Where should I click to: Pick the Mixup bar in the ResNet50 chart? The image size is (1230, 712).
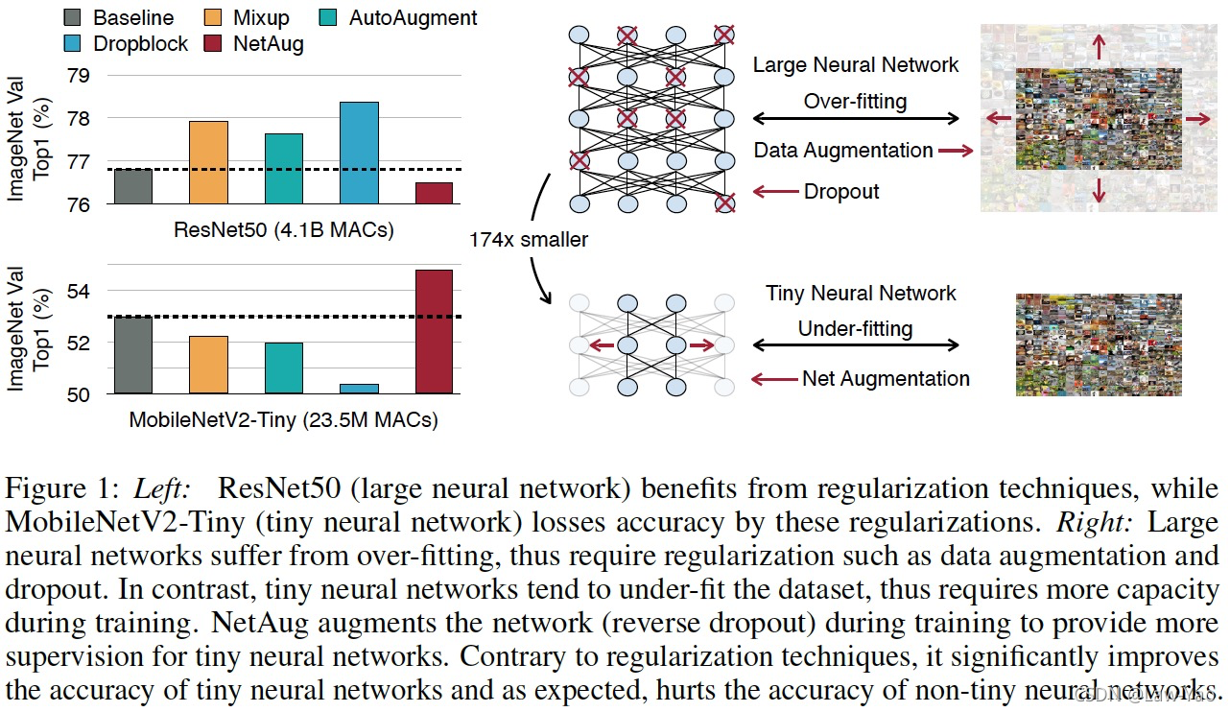(208, 162)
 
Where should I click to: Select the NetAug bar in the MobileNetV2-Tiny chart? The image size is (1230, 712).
(434, 331)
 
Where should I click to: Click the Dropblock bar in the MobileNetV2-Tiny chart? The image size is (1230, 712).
(358, 389)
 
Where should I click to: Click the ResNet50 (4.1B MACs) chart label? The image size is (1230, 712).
(283, 230)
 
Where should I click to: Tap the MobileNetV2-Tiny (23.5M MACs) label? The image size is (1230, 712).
(284, 419)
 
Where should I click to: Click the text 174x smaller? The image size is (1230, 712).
(528, 240)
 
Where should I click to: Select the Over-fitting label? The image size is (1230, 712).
(855, 101)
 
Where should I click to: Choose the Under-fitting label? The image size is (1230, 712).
(855, 328)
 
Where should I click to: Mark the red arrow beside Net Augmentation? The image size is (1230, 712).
(773, 379)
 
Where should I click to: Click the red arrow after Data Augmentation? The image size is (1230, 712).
(956, 151)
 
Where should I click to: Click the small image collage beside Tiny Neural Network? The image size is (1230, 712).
(1098, 345)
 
